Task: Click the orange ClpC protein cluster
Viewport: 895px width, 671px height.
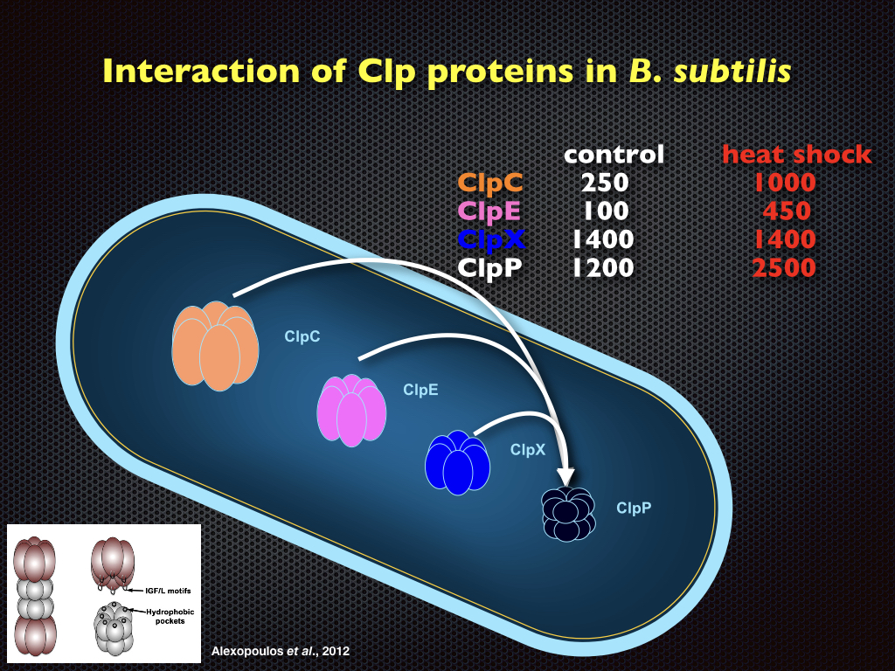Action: click(215, 346)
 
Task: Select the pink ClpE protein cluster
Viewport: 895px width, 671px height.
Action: click(350, 410)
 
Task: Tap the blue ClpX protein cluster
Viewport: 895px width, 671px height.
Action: click(456, 461)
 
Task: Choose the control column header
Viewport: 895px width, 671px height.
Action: click(614, 155)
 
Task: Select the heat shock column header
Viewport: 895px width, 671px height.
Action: click(796, 155)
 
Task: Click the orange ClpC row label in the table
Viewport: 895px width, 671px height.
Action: click(490, 183)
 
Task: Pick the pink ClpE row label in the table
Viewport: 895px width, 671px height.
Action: click(490, 211)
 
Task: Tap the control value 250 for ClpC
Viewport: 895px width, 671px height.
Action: click(604, 183)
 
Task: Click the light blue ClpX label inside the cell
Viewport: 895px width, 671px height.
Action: click(528, 449)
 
